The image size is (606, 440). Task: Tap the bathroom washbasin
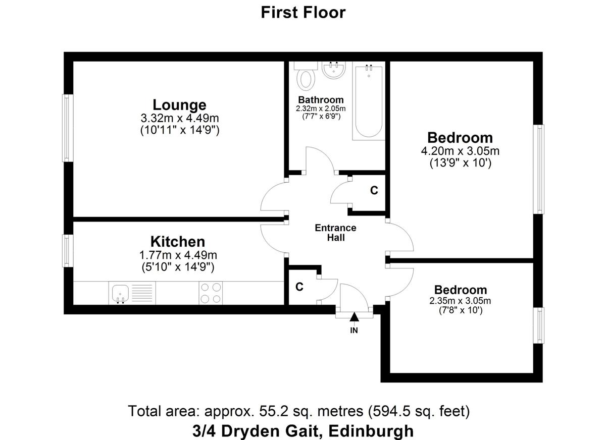(x=334, y=70)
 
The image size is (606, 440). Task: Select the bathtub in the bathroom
(x=369, y=101)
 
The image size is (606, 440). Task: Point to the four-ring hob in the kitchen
(x=211, y=293)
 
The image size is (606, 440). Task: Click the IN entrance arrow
(x=354, y=317)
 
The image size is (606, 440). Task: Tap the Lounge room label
(x=179, y=104)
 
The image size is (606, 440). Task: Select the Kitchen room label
(x=178, y=241)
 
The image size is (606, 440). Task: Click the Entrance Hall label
(x=335, y=233)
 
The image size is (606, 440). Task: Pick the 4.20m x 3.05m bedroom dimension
(x=460, y=151)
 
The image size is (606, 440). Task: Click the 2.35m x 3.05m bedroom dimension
(x=460, y=301)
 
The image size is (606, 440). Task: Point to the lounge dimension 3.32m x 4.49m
(x=180, y=118)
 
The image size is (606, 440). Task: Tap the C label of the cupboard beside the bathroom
(x=374, y=191)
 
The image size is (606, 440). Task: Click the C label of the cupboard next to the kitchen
(x=299, y=287)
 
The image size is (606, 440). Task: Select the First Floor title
(x=304, y=13)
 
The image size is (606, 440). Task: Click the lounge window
(x=68, y=128)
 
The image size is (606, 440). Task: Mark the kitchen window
(x=68, y=251)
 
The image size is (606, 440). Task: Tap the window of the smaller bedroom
(x=539, y=325)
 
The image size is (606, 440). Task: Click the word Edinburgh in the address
(x=371, y=431)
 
